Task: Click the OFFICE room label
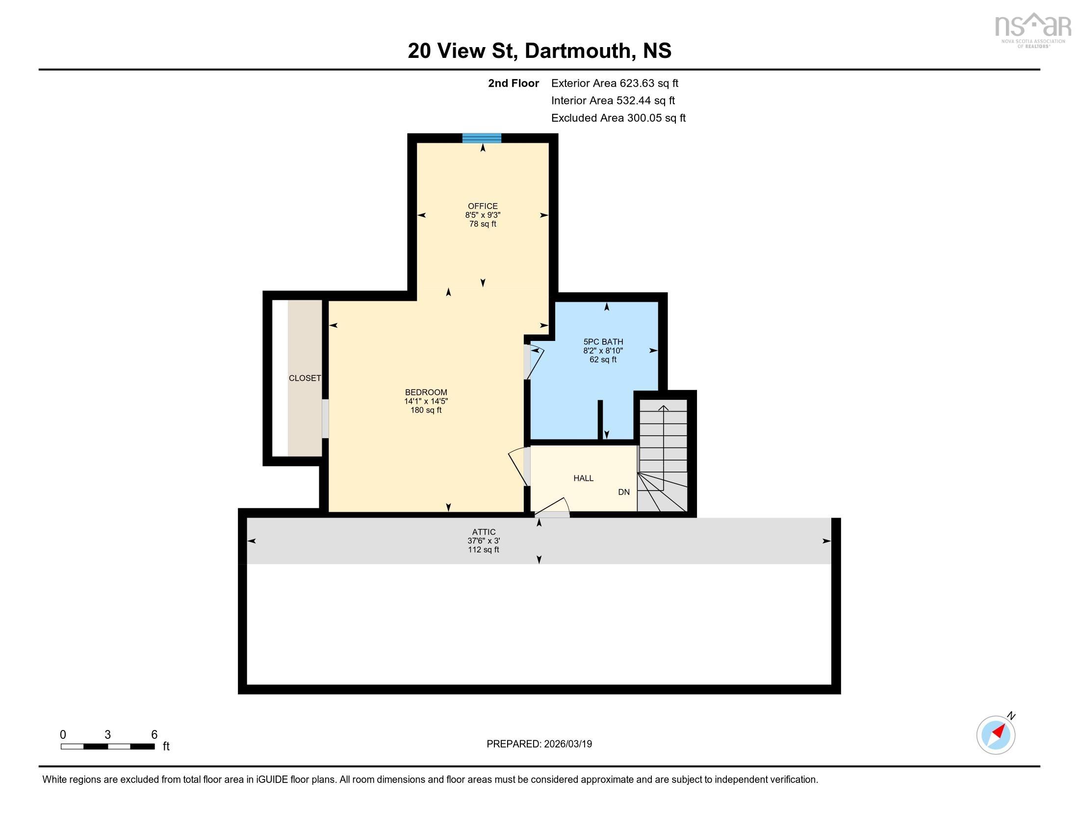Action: click(x=483, y=206)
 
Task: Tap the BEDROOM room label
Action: click(x=426, y=392)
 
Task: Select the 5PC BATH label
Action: click(x=603, y=341)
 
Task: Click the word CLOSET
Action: click(x=305, y=378)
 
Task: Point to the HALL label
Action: click(x=583, y=478)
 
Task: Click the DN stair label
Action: click(x=623, y=492)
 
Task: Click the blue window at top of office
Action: click(x=482, y=138)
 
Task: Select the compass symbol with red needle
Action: click(x=996, y=735)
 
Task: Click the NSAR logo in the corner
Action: click(x=1032, y=29)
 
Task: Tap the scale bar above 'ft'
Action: click(x=108, y=746)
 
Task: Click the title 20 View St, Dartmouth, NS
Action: click(x=539, y=51)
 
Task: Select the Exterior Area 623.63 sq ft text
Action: click(x=615, y=83)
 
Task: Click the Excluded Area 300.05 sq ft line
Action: click(x=618, y=118)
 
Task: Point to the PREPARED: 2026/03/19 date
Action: click(x=539, y=744)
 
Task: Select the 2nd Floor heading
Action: click(x=514, y=83)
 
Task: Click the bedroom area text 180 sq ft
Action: click(x=426, y=410)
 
